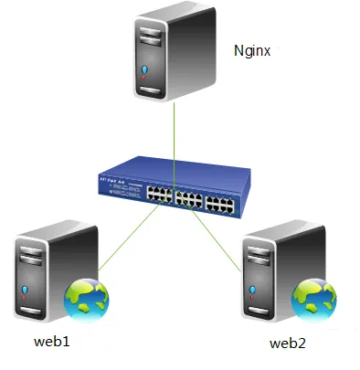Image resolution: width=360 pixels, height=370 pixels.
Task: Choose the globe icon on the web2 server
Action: [x=313, y=296]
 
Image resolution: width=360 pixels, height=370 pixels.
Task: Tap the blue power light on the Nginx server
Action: [x=144, y=69]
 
